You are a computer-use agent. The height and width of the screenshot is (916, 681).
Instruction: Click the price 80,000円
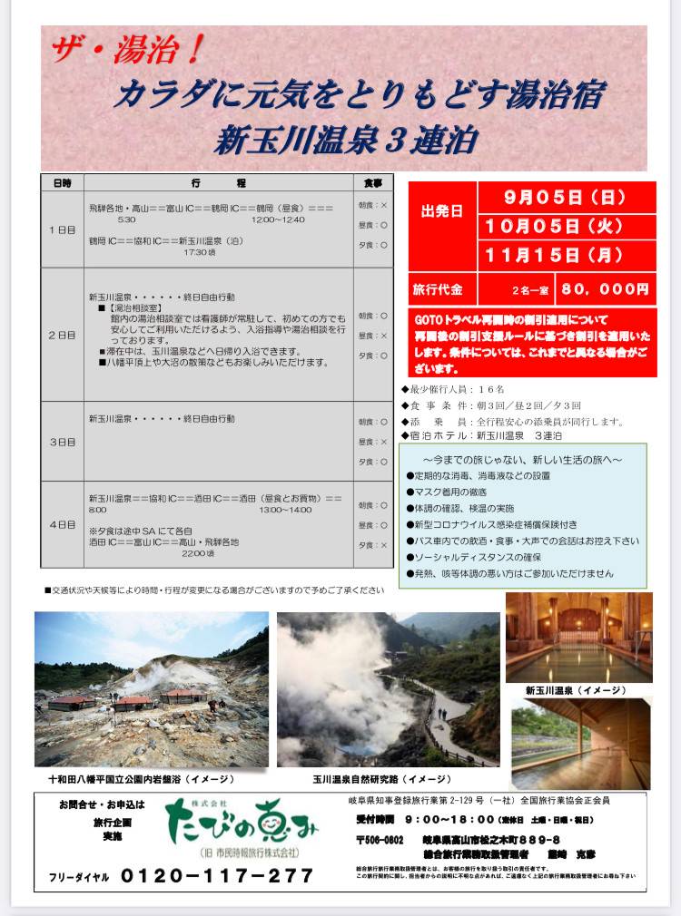[606, 290]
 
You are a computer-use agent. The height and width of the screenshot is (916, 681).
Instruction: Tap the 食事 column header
[373, 182]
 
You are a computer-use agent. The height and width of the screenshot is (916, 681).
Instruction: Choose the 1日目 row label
[62, 230]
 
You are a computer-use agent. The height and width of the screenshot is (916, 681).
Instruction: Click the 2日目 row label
[62, 336]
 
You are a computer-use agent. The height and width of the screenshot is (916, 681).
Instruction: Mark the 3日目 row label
[62, 442]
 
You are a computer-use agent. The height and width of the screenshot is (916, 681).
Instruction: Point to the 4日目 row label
[62, 525]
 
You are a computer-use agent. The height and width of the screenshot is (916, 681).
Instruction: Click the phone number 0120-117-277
[217, 876]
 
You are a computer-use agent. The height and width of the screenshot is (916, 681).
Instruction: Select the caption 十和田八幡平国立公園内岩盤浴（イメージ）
[142, 778]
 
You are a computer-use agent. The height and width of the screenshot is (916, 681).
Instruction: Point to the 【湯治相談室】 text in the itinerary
[135, 308]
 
